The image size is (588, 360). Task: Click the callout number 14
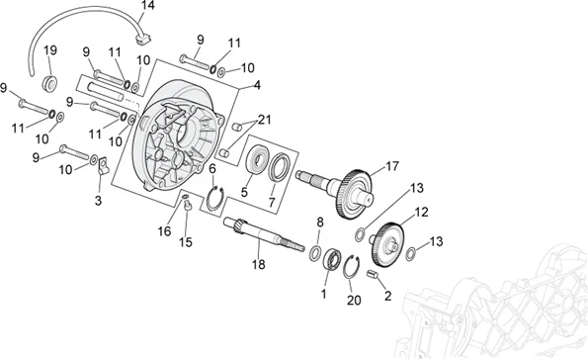point(148,5)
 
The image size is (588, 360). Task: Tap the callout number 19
point(50,49)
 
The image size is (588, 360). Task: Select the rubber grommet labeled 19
point(49,83)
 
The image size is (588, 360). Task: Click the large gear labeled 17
point(354,195)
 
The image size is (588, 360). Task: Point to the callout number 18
point(258,265)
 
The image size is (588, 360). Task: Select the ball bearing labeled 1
point(332,258)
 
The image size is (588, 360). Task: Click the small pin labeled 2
point(373,274)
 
